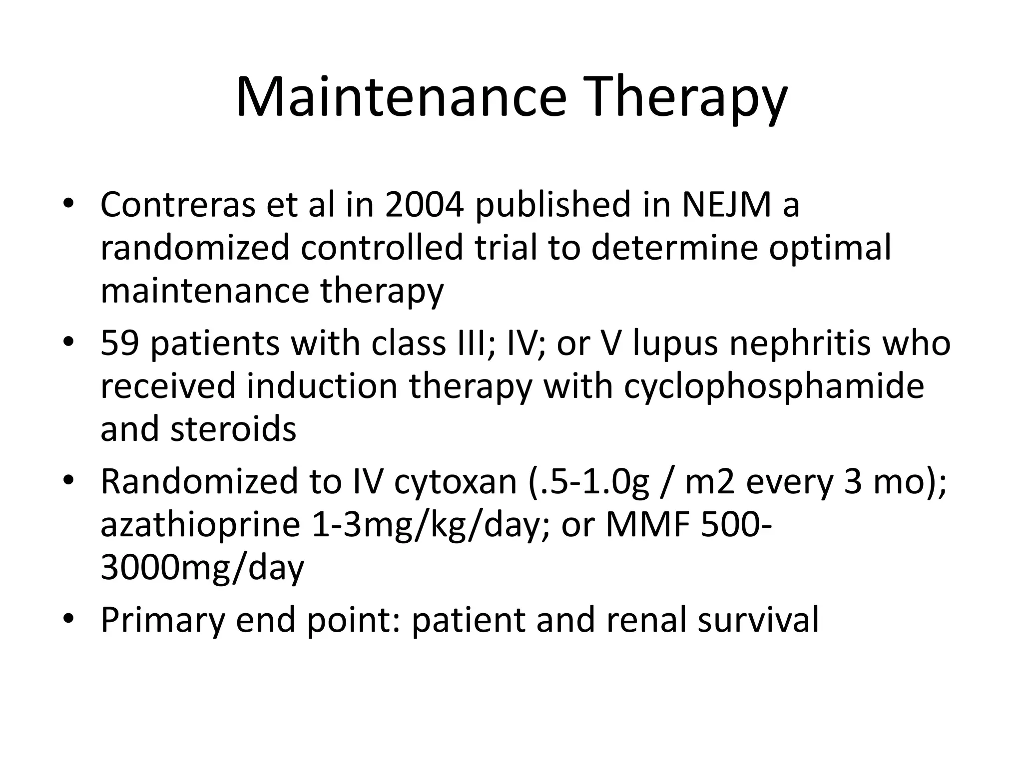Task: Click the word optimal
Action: tap(829, 248)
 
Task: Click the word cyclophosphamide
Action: tap(774, 387)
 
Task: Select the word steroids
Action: tap(233, 429)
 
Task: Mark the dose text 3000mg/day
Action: tap(202, 568)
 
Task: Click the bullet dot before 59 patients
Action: tap(68, 344)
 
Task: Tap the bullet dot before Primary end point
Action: tap(68, 620)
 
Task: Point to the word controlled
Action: tap(382, 248)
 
